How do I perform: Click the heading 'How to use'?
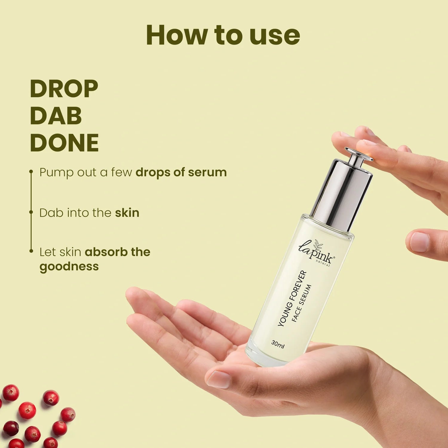[x=223, y=35]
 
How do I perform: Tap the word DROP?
[x=64, y=89]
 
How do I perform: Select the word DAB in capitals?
[x=56, y=116]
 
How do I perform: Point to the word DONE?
[x=64, y=143]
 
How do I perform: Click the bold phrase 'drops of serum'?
[x=181, y=173]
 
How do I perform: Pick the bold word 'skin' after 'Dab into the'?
[x=127, y=213]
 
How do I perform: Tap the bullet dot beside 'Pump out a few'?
[x=31, y=172]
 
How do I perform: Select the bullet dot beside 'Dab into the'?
[x=31, y=212]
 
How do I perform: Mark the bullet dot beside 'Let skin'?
[x=31, y=251]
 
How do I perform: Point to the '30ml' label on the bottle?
[x=278, y=344]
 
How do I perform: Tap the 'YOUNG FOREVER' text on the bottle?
[x=292, y=298]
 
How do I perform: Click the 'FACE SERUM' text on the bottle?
[x=301, y=303]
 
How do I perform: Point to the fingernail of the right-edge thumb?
[x=420, y=242]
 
